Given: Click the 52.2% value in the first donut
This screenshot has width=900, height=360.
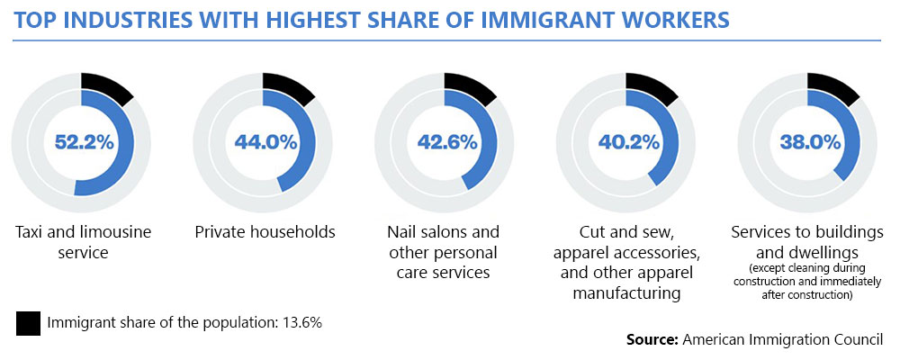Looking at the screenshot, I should tap(83, 142).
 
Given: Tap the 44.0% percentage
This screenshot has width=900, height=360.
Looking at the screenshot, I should tap(265, 142).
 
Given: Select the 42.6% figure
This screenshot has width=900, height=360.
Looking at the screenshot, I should tap(447, 142).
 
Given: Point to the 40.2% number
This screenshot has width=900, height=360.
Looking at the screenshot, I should tap(629, 142).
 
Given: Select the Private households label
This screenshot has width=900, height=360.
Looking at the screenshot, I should tap(265, 232).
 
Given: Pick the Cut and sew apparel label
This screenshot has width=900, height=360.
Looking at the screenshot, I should tap(629, 262).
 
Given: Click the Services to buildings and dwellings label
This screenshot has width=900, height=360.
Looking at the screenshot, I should tap(809, 242).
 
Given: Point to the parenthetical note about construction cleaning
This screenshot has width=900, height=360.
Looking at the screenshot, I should tap(809, 282).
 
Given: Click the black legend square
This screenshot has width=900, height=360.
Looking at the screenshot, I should tap(28, 322).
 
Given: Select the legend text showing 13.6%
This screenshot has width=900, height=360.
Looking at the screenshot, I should tap(184, 322).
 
